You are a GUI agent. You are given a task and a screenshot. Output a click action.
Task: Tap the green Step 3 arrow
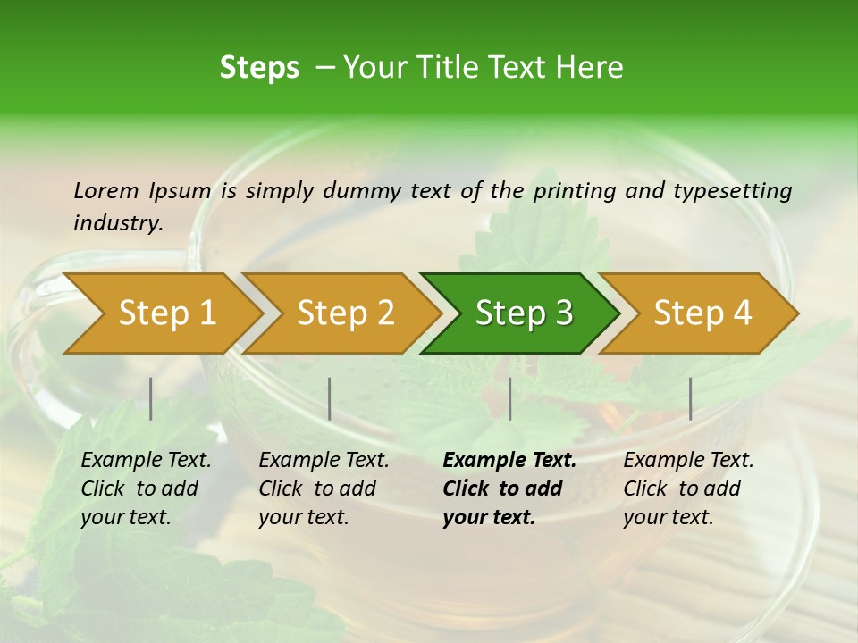pos(524,313)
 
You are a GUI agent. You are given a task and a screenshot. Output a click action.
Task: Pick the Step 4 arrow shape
pos(702,313)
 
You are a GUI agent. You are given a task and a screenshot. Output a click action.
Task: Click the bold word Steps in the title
pos(259,68)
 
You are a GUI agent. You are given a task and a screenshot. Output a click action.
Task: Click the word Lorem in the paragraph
pos(105,190)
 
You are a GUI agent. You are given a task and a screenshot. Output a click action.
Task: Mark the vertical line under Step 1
pos(151,398)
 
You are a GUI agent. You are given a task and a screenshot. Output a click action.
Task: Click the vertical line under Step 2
pos(330,398)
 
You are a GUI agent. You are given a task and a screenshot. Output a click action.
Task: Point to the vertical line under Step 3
pos(510,398)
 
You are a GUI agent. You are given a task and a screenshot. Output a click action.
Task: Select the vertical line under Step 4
pos(691,398)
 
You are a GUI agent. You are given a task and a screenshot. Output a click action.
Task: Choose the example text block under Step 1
pos(146,489)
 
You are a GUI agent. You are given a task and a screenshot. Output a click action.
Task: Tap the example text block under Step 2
pos(324,489)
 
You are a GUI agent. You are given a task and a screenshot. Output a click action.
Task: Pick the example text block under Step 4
pos(688,489)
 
